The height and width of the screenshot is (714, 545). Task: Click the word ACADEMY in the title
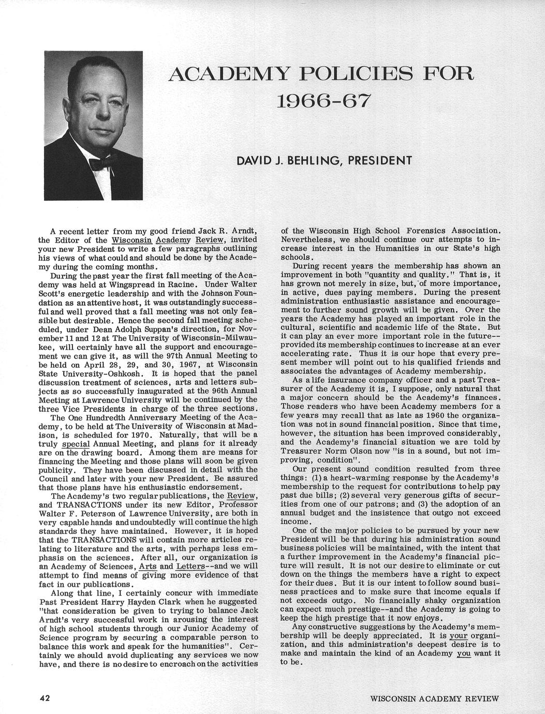tap(230, 74)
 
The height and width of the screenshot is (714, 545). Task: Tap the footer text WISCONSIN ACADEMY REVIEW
tap(435, 698)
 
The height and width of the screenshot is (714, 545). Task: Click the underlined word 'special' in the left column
tap(76, 443)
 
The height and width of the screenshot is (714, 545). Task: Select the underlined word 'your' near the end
tap(459, 635)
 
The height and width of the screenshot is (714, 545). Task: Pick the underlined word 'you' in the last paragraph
tap(464, 653)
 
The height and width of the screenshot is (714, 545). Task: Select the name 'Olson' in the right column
tap(370, 451)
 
